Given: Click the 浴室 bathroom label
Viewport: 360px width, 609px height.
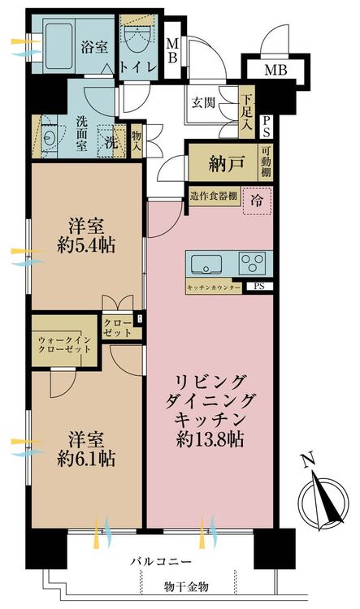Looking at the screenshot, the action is point(94,47).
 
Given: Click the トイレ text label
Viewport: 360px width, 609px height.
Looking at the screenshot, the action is point(138,67).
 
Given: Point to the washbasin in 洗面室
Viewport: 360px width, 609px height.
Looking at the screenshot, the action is point(50,137).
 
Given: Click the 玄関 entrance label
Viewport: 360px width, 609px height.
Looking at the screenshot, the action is point(203,103).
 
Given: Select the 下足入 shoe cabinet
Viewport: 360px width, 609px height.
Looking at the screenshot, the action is point(247,113).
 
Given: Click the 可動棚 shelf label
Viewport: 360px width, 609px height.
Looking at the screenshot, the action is point(266,162).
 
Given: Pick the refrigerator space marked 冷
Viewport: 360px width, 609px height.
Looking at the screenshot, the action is point(257,201).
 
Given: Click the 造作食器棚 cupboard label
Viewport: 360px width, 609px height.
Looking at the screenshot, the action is point(214,196).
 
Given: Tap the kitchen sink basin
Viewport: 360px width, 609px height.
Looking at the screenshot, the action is point(206,265).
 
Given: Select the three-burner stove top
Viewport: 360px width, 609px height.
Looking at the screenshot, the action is point(252,262).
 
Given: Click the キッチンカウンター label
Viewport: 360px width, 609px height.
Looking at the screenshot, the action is point(214,287).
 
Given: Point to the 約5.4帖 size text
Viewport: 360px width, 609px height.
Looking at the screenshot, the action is point(86,245).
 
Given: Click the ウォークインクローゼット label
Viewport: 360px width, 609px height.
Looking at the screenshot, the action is point(64,344).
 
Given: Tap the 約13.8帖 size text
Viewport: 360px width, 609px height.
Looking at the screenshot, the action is point(210,439).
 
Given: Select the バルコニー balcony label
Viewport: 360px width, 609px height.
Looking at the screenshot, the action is point(161,562).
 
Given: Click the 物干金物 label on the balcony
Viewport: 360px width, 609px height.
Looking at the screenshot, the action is point(186,586).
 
